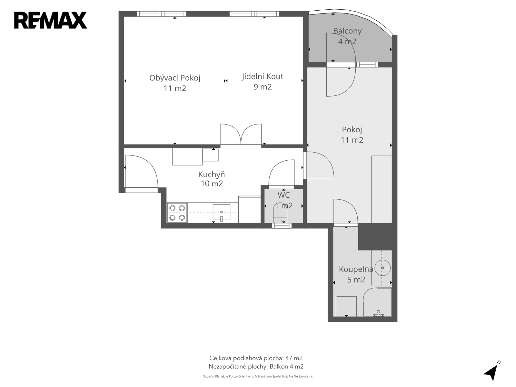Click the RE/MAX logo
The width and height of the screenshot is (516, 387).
tap(51, 20)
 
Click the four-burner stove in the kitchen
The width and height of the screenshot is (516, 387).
tap(177, 213)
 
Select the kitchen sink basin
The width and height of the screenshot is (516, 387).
tap(222, 212)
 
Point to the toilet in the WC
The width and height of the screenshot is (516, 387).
tap(280, 213)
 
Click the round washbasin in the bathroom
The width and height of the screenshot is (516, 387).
tap(382, 268)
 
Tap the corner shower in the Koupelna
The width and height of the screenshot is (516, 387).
tap(377, 302)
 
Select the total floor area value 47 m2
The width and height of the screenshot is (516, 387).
tap(294, 358)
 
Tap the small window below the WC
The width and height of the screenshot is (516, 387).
tap(282, 225)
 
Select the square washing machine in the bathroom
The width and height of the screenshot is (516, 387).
tap(346, 306)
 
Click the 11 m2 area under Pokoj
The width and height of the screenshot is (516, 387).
tap(352, 140)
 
